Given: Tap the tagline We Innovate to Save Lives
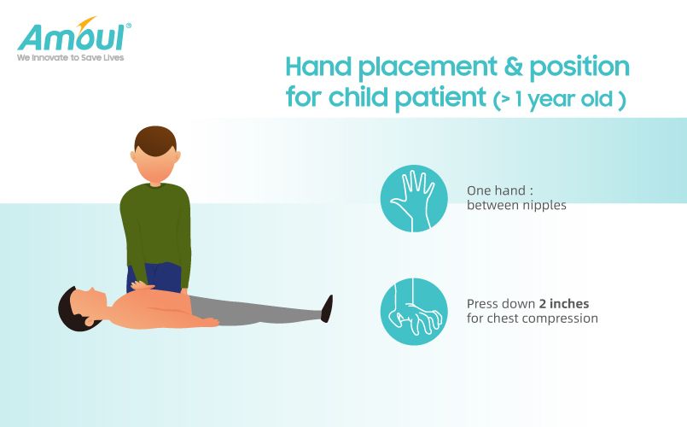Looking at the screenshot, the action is point(71,57).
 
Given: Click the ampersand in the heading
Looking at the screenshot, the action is point(513,66).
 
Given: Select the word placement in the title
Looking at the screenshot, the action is point(428,68).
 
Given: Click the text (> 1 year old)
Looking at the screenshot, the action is point(560,99).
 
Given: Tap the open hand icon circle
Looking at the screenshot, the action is point(414,198).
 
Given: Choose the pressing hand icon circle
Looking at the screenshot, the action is point(414,311).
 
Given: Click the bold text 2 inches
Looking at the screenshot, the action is point(564,303).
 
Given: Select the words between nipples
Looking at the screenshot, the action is point(516,205).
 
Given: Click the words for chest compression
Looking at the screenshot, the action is point(533,319).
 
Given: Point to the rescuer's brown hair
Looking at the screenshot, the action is point(155,140).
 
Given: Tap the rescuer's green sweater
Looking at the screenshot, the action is point(156,228).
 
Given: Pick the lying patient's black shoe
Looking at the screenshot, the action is point(327,308).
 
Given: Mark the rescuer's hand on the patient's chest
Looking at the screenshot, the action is point(143,286).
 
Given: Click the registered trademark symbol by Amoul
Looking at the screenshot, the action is point(128,26).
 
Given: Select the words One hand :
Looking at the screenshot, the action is point(500,190).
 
